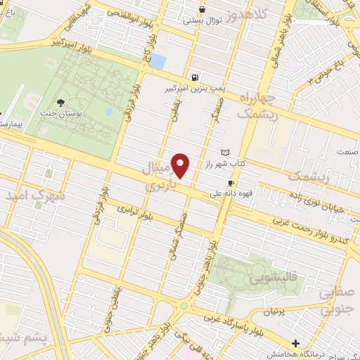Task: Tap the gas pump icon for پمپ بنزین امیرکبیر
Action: click(193, 77)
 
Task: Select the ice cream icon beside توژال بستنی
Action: click(202, 9)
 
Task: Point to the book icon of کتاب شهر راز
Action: click(225, 153)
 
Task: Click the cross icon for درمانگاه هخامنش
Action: click(295, 343)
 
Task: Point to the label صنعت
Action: click(347, 151)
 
